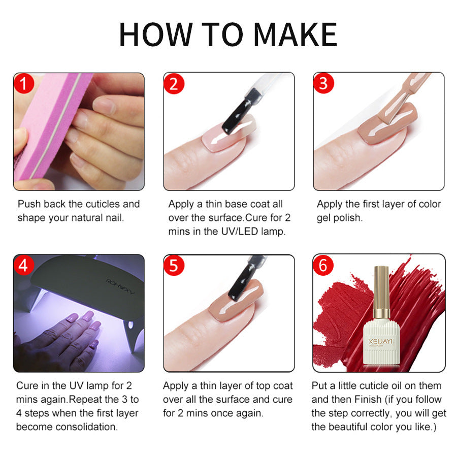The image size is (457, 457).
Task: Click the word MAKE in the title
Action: (x=295, y=35)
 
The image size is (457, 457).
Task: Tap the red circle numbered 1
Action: (x=23, y=83)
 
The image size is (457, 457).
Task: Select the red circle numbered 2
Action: (x=174, y=83)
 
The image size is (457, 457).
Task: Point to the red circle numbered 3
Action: (x=323, y=83)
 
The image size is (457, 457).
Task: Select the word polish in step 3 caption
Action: (x=348, y=218)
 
